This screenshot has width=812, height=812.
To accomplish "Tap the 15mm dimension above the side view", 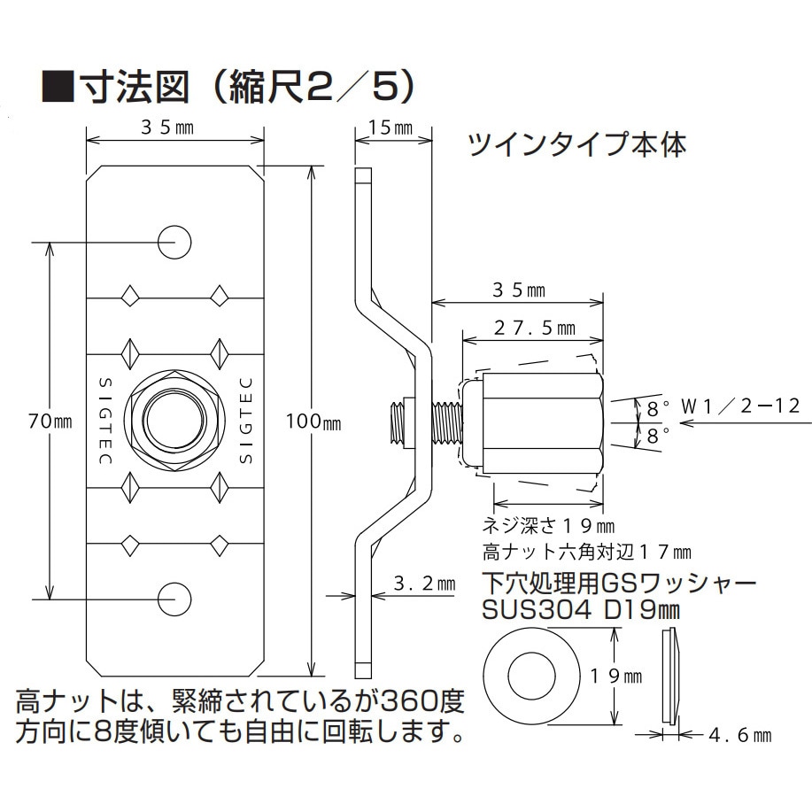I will point(391,128).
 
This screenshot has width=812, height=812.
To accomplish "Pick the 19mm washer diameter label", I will point(617,676).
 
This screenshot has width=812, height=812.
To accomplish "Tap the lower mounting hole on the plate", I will point(174,599).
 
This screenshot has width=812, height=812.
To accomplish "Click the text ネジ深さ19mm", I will point(546,525).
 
